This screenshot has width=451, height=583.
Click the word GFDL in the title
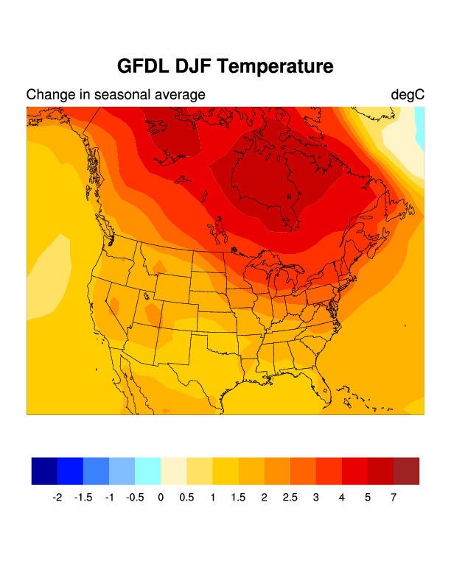click(144, 67)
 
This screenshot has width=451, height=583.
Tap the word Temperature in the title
click(276, 67)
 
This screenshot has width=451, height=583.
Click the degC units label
click(408, 95)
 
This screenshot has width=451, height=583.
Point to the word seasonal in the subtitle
click(123, 95)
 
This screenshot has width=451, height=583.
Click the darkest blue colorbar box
click(44, 471)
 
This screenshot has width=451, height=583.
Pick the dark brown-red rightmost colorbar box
click(406, 471)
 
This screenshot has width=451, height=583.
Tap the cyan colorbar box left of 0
click(147, 471)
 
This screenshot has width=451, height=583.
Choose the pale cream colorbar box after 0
click(173, 471)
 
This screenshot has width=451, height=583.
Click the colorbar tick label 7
click(394, 498)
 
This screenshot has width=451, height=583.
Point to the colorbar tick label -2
click(57, 498)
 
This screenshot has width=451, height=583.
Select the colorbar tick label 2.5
click(290, 498)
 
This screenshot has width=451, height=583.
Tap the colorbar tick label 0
click(161, 498)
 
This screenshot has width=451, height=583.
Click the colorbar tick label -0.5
click(134, 498)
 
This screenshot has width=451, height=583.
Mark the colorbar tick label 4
click(342, 498)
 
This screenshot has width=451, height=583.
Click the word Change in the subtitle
click(49, 95)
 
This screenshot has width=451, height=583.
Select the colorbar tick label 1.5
click(238, 498)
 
